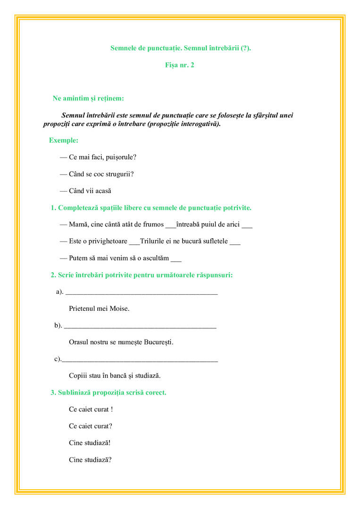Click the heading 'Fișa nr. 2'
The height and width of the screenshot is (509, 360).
point(179,65)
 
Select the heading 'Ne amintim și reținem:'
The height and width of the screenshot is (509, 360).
point(88,99)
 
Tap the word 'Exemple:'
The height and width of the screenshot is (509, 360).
point(64,140)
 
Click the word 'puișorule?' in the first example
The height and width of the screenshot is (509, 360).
point(121,157)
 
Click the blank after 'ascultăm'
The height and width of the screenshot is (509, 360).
point(176,259)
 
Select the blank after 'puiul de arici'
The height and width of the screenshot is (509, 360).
point(247,225)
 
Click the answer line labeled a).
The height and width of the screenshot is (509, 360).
point(142,292)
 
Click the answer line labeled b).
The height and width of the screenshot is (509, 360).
point(140,326)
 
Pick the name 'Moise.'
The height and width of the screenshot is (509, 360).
point(119,309)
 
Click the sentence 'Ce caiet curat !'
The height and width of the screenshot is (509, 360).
point(91,409)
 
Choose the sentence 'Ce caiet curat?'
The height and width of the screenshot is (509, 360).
point(90,426)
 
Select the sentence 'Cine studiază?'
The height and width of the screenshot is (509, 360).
point(90,460)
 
